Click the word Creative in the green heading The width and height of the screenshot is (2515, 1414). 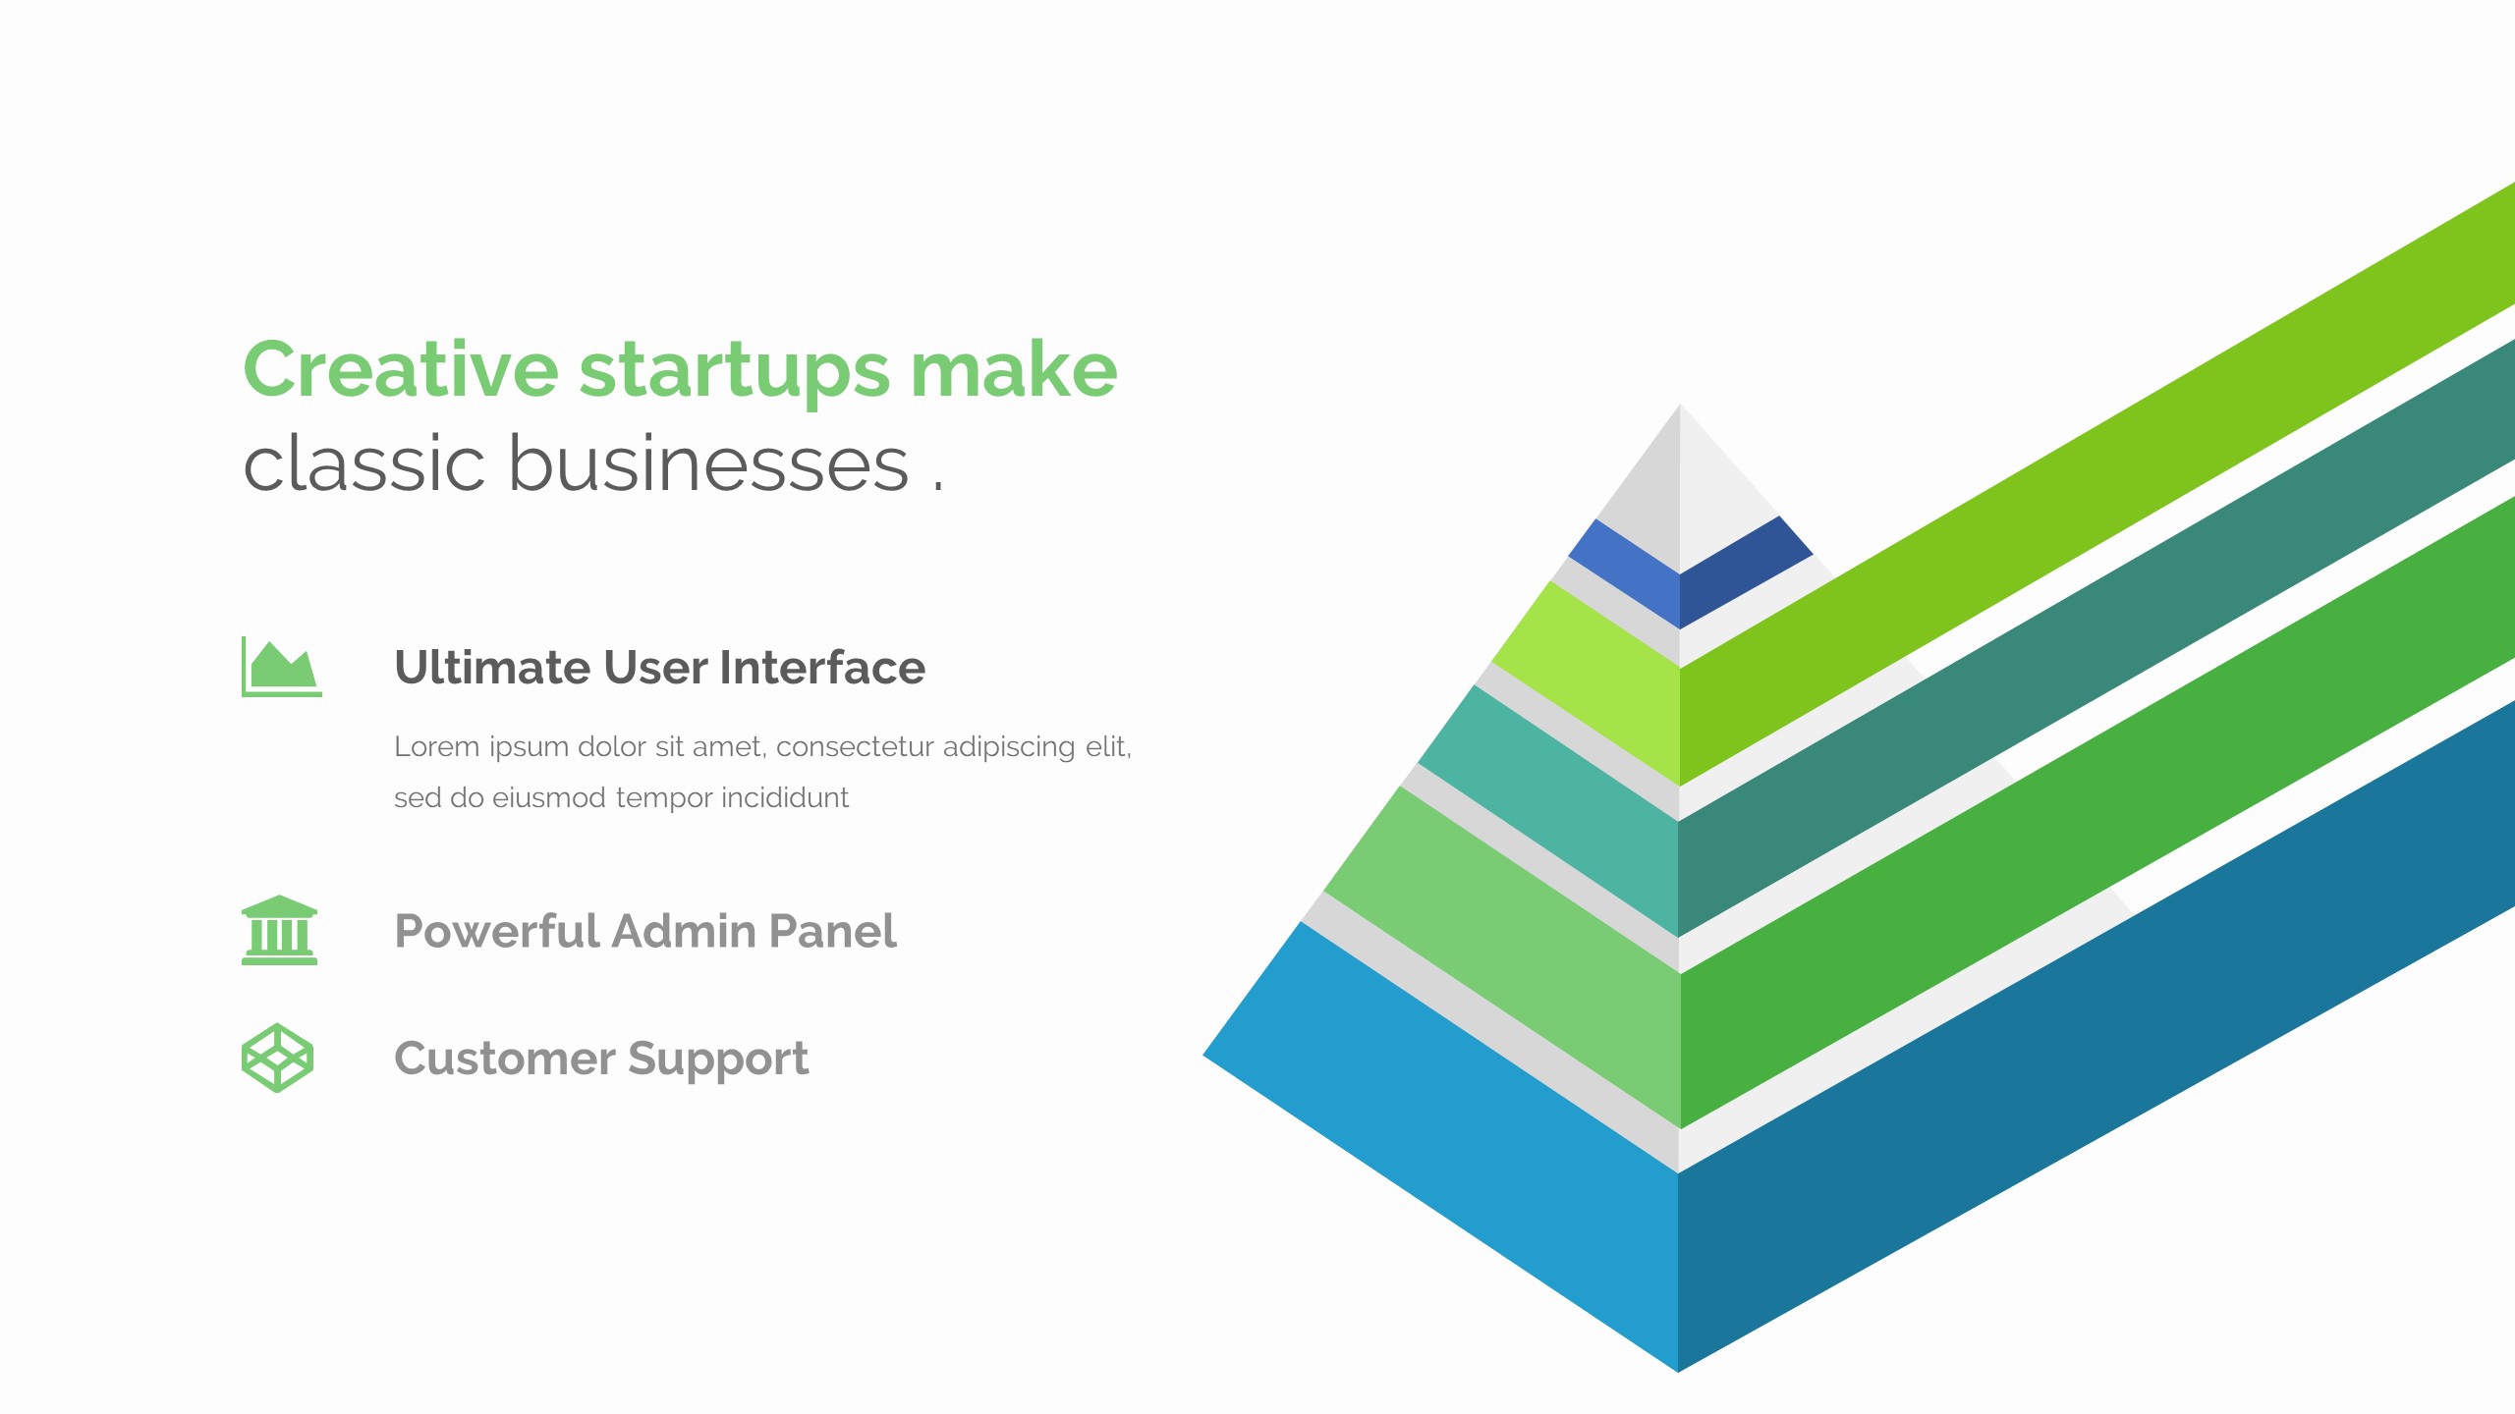pos(401,369)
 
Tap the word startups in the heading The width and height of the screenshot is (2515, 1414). pos(735,373)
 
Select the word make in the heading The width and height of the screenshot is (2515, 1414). pos(1014,369)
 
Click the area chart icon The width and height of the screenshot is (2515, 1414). pos(282,667)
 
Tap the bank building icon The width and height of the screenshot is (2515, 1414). pos(279,930)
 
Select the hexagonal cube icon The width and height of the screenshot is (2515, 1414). pos(278,1058)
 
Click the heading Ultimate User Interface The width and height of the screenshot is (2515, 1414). pos(659,668)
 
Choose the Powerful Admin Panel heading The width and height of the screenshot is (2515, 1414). pos(645,931)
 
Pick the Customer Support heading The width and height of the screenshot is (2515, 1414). pos(601,1060)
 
